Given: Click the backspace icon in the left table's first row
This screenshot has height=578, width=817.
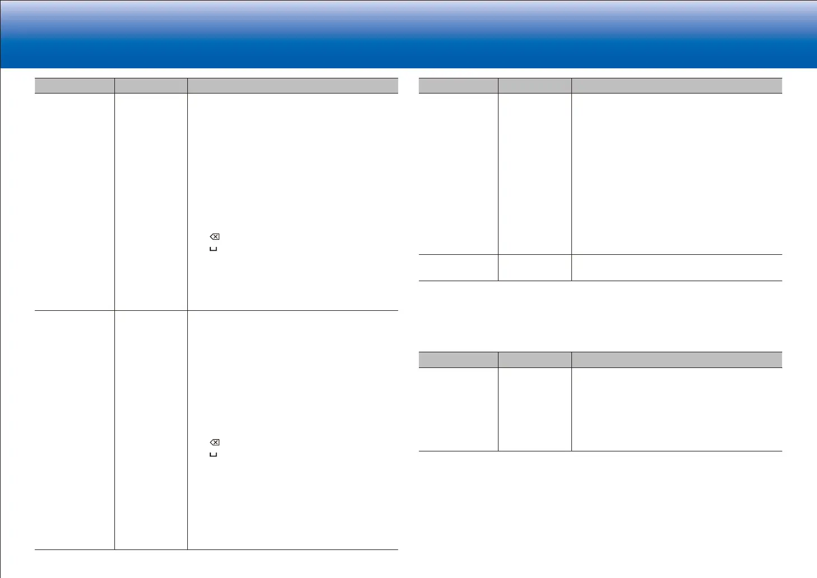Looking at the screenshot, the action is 215,237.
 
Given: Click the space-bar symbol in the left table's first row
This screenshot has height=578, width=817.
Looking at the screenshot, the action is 213,249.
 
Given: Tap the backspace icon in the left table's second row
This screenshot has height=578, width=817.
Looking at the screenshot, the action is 215,442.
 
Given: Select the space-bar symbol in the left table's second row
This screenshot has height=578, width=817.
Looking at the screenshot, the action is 213,454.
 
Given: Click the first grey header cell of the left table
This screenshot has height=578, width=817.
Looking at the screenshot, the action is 75,86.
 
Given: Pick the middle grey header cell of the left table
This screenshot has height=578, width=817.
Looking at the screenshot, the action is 151,86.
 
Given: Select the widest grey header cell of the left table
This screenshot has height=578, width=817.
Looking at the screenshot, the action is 293,86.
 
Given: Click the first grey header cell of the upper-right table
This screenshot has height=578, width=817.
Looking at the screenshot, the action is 458,86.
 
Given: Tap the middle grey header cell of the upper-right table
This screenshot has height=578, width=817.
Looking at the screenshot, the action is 534,86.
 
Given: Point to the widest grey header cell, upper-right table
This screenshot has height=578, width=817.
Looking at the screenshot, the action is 677,86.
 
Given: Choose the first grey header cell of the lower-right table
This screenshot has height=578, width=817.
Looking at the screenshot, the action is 458,360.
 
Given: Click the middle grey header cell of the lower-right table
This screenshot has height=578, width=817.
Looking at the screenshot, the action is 534,360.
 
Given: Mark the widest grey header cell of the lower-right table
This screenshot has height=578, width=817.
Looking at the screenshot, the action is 677,360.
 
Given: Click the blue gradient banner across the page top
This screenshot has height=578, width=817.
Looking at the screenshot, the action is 408,34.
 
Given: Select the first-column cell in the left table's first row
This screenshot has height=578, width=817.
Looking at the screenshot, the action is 75,202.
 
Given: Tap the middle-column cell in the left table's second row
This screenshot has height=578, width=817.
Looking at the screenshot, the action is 151,430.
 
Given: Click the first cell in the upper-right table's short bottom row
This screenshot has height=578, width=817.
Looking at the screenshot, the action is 458,268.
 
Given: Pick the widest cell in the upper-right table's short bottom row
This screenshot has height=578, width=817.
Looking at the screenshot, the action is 677,268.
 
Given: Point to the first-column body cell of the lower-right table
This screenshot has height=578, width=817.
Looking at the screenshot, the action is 458,409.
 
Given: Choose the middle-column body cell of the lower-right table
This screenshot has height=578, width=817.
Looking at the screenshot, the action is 534,409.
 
